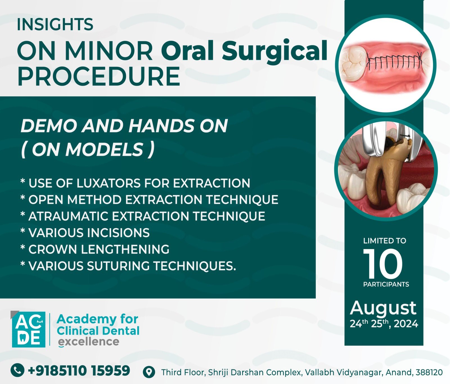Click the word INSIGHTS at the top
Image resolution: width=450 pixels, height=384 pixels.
point(55,24)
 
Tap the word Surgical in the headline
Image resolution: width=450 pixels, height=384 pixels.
point(274,50)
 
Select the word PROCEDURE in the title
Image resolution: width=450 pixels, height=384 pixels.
point(98,76)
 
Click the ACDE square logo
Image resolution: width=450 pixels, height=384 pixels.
point(28,329)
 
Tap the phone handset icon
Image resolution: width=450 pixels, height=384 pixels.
point(17,370)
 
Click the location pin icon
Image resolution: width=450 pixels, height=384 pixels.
point(149,372)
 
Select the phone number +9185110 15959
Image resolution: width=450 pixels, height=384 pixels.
point(79,370)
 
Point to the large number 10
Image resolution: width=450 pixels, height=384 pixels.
point(383,263)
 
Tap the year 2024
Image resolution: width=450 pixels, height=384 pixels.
point(406,324)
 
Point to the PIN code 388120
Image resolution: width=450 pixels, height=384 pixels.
point(429,372)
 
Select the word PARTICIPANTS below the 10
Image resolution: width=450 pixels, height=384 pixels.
point(386,284)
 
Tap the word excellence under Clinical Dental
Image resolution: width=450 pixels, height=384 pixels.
point(89,342)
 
